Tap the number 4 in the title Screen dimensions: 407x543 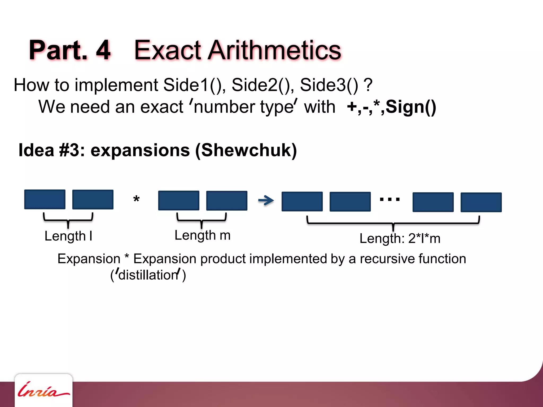(103, 50)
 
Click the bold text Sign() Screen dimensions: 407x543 (411, 107)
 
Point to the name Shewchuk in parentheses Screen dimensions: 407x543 (246, 150)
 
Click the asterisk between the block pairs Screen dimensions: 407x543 (136, 199)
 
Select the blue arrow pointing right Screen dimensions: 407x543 (266, 200)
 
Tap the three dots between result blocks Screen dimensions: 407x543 (389, 199)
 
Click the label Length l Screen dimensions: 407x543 (68, 236)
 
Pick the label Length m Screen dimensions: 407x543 (203, 235)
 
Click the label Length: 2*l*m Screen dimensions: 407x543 (400, 238)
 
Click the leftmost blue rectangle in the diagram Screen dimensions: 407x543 (45, 199)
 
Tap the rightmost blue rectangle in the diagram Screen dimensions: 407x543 (481, 202)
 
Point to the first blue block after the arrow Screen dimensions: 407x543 (302, 201)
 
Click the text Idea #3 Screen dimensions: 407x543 (52, 150)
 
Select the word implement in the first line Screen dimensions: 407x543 (117, 85)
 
